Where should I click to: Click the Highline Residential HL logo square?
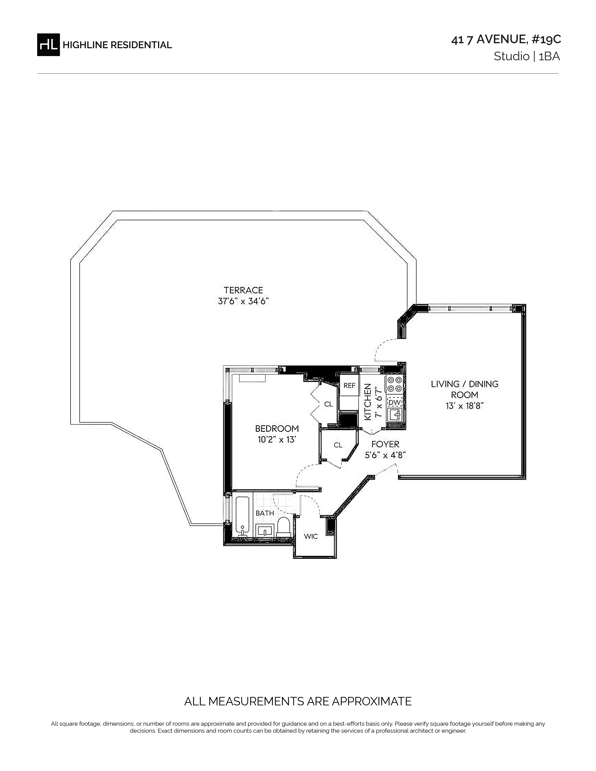coord(48,44)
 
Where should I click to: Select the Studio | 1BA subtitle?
coord(527,57)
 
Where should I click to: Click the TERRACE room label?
coord(243,290)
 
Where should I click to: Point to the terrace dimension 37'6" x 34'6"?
coord(243,302)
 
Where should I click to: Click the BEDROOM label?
coord(277,428)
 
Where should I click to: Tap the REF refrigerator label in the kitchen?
coord(349,385)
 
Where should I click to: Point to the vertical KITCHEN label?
coord(368,402)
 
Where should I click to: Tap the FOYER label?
coord(385,444)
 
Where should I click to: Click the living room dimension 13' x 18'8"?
coord(464,406)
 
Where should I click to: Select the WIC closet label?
coord(311,537)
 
